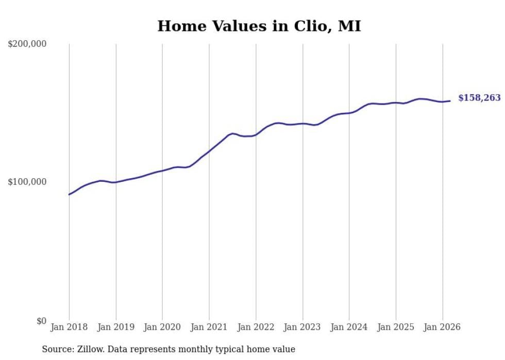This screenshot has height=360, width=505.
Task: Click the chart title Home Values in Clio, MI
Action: [x=259, y=26]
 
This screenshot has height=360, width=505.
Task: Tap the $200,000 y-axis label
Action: [x=27, y=44]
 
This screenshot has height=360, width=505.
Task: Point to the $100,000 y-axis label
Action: [x=27, y=182]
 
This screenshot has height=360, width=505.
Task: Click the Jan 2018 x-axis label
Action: [x=69, y=327]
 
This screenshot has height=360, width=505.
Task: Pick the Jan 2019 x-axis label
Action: [x=116, y=327]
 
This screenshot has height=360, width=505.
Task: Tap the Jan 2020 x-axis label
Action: [x=162, y=327]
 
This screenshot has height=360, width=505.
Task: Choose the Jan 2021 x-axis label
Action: [x=209, y=327]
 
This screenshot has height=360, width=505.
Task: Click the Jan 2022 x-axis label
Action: [x=256, y=327]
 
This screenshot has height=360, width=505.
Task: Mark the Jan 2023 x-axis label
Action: [x=302, y=327]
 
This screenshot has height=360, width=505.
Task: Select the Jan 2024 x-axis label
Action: [x=349, y=327]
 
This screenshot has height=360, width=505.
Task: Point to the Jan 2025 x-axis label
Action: [x=396, y=327]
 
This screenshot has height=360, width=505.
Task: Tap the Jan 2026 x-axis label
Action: [x=442, y=327]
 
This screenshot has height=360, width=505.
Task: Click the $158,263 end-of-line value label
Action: [x=479, y=98]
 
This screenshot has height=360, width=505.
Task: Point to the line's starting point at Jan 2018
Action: [x=69, y=194]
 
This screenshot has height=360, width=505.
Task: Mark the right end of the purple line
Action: [x=450, y=101]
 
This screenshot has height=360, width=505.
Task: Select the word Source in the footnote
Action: [x=56, y=349]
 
